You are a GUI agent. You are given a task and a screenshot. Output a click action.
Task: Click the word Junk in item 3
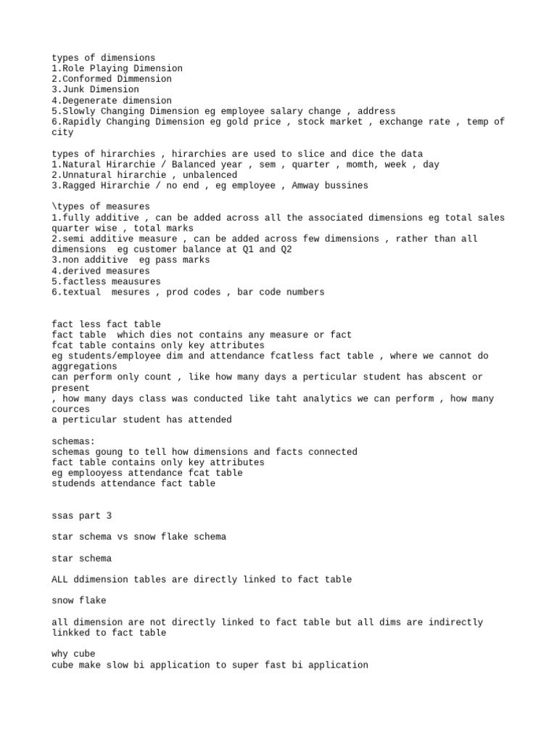73,89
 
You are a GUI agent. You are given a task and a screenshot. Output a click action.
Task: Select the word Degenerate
89,100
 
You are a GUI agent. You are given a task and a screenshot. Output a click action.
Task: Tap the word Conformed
86,79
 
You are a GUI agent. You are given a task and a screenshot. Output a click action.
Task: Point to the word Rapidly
81,122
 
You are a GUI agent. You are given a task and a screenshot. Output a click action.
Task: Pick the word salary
287,111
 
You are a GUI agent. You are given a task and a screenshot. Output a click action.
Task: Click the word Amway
308,186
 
